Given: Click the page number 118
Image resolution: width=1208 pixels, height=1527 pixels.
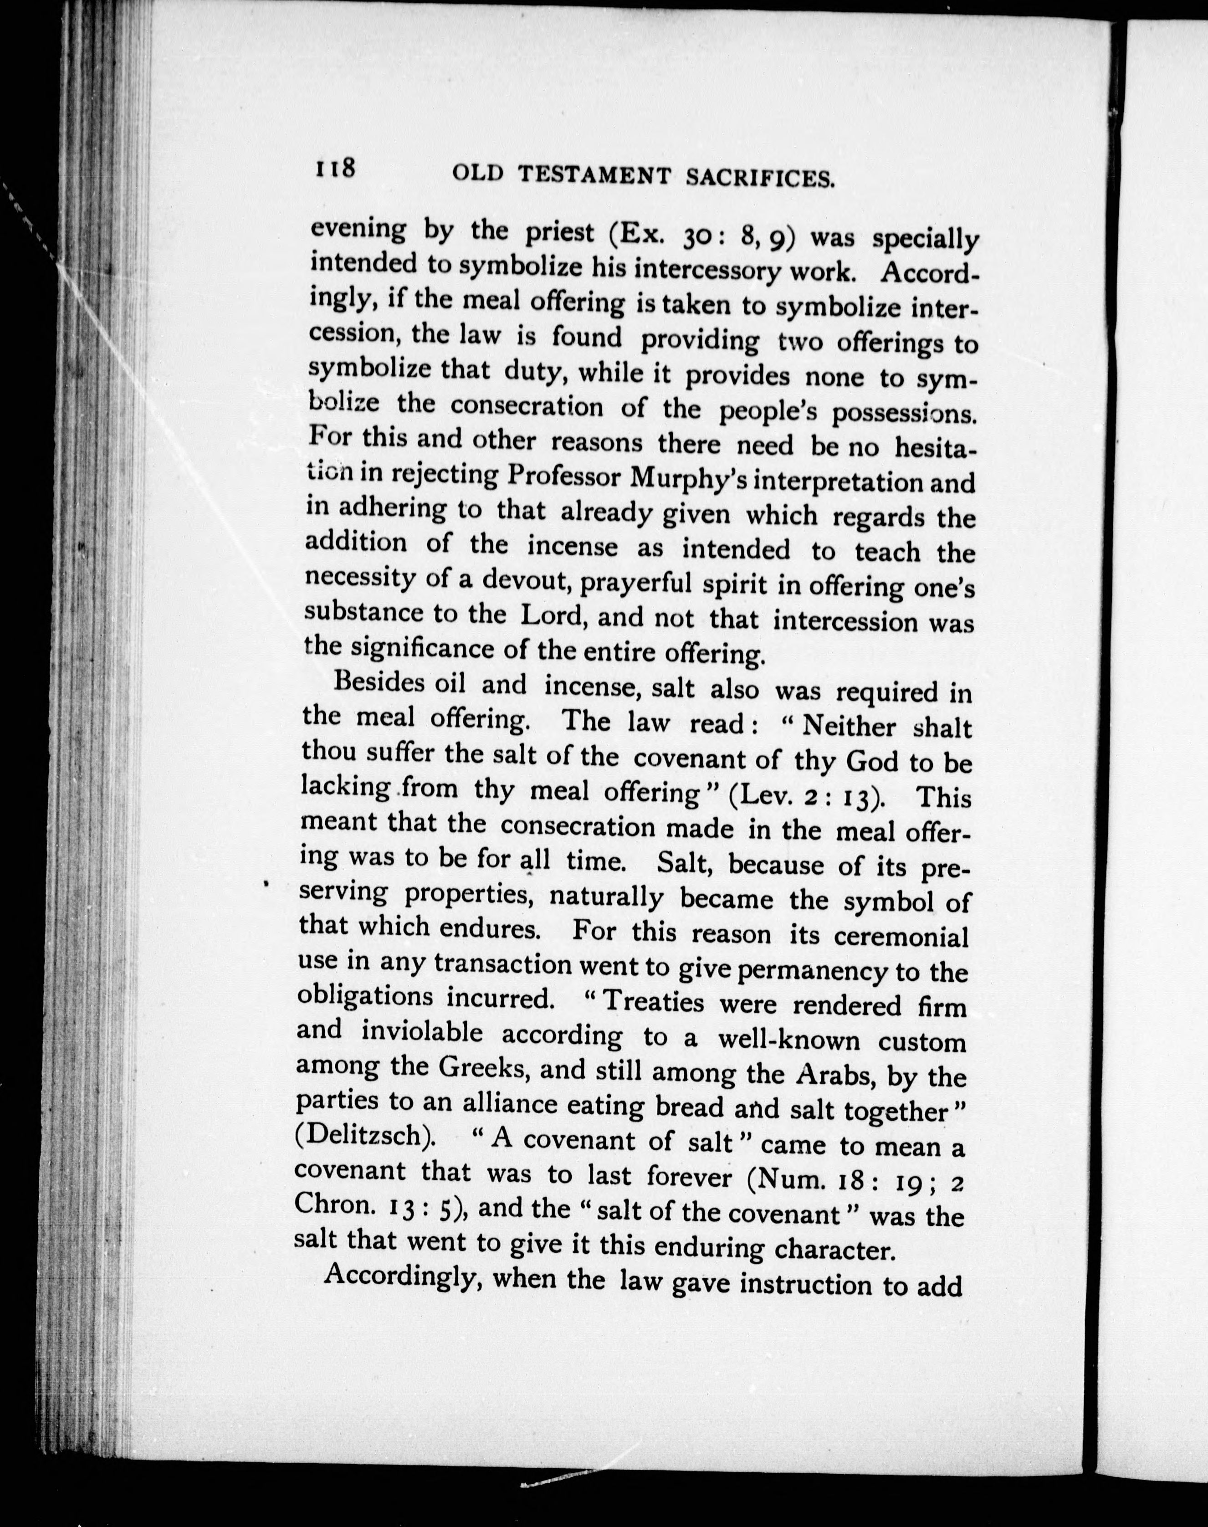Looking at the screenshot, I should click(x=335, y=170).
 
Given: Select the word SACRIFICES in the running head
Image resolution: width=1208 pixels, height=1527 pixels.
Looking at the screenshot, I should click(x=761, y=179).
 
